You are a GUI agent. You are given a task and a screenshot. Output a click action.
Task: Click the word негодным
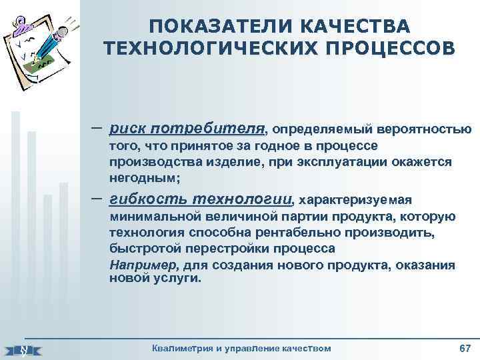click(x=143, y=178)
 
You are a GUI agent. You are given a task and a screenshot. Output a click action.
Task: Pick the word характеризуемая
click(x=356, y=199)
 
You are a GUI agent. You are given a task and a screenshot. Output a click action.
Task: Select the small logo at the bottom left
click(x=23, y=349)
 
